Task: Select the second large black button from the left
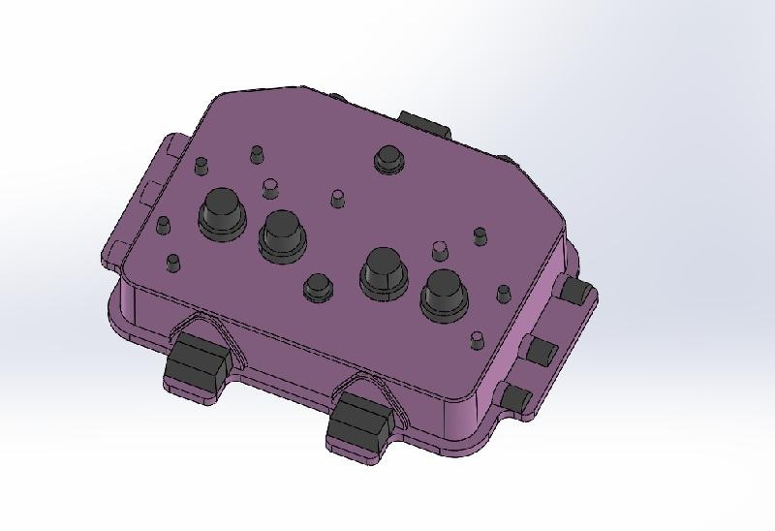[x=281, y=234]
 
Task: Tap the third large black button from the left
[x=383, y=270]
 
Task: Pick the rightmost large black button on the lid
[x=443, y=294]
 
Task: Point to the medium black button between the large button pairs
[x=318, y=288]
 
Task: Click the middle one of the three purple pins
[x=337, y=199]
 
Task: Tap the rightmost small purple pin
[x=440, y=249]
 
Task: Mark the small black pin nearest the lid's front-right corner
[x=477, y=340]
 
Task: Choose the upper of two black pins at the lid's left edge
[x=163, y=226]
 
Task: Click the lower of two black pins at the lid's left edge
[x=172, y=263]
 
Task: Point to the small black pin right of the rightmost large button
[x=503, y=292]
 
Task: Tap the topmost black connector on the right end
[x=578, y=291]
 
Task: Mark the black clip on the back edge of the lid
[x=424, y=124]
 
